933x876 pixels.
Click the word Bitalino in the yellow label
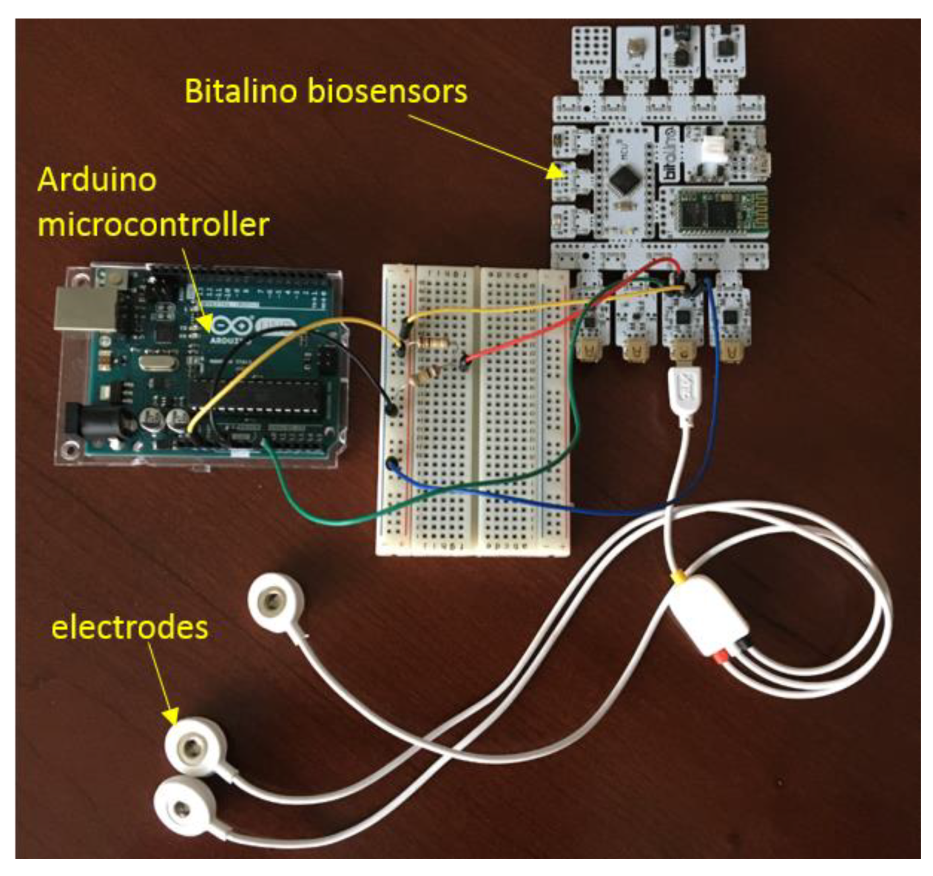[x=242, y=91]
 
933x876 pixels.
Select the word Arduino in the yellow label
[x=97, y=180]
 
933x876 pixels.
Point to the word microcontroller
[x=153, y=225]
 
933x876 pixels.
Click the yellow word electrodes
[x=129, y=627]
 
